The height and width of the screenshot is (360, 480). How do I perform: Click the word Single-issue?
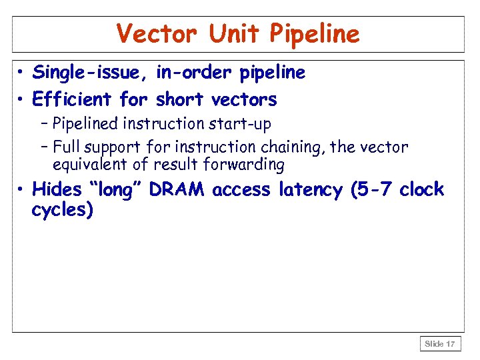click(x=91, y=73)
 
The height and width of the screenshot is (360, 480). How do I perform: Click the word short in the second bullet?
click(x=180, y=100)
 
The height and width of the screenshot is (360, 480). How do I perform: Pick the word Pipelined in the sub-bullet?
click(x=85, y=124)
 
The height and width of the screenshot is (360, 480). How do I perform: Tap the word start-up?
click(x=243, y=124)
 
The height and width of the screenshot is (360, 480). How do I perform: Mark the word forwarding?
click(x=246, y=164)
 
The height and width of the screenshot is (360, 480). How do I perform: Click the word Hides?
click(x=56, y=189)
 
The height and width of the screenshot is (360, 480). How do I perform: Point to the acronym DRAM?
click(x=178, y=189)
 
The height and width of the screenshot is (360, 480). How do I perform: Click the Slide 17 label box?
click(x=440, y=344)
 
